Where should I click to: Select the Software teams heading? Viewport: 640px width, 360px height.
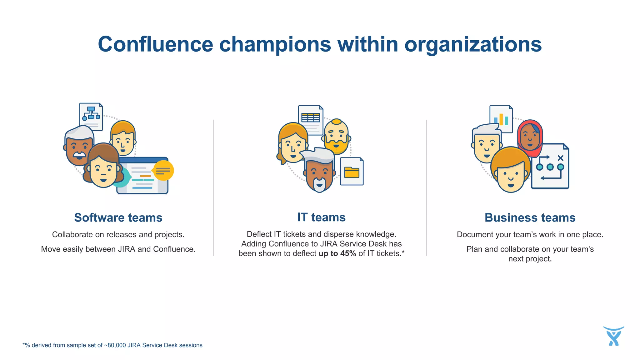point(118,217)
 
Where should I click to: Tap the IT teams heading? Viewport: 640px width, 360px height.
point(321,217)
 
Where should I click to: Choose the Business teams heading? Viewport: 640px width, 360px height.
point(530,217)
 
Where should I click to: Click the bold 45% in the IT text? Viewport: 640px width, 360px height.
point(348,253)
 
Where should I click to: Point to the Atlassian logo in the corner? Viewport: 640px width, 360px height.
point(613,336)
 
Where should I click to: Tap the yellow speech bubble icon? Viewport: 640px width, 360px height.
point(163,171)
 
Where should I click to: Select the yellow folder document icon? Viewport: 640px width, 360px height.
point(352,172)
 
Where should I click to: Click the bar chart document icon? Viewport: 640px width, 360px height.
point(501,119)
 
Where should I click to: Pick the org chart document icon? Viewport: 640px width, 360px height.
point(91,116)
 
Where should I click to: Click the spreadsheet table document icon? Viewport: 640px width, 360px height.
point(311,119)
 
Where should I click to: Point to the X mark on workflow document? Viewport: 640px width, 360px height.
point(560,158)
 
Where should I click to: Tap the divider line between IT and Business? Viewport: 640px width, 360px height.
point(426,187)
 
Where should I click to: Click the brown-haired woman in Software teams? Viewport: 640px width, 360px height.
point(103,167)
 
